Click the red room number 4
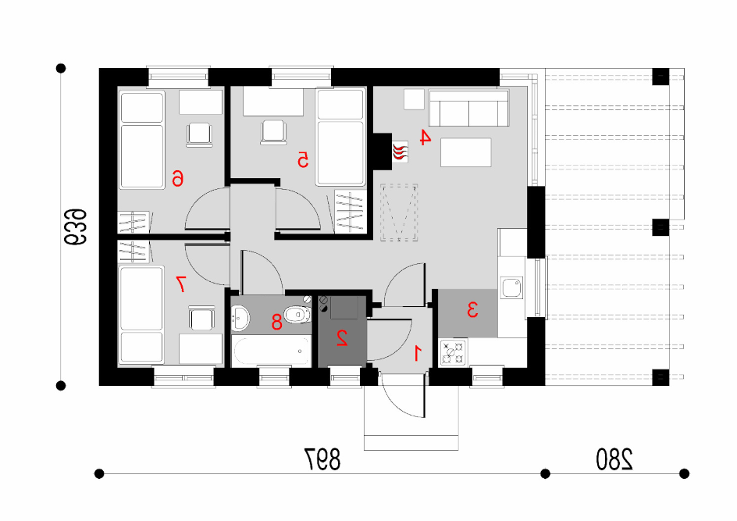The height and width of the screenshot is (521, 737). click(425, 137)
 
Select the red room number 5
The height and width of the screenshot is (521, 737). click(303, 160)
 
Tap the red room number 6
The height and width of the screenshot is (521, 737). click(177, 179)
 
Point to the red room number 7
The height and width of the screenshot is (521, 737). click(181, 284)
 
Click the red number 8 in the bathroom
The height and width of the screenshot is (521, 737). click(277, 322)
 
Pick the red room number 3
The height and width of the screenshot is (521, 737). click(472, 310)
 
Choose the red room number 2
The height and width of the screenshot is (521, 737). click(342, 338)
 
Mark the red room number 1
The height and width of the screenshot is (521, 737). click(418, 353)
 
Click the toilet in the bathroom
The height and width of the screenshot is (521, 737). click(297, 314)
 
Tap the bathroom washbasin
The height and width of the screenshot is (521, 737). click(240, 317)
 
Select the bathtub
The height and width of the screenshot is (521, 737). click(271, 351)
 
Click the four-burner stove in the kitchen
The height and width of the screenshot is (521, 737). click(453, 352)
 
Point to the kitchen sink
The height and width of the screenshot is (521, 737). click(511, 287)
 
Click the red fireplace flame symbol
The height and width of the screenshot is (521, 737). click(400, 152)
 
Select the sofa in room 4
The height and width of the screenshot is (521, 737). click(468, 108)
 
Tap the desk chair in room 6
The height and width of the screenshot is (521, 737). click(199, 135)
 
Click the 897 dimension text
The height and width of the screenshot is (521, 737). click(322, 459)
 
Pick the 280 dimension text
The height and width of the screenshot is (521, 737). click(614, 459)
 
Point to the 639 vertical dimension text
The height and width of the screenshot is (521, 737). click(76, 227)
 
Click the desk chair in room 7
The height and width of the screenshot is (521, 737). click(202, 319)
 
